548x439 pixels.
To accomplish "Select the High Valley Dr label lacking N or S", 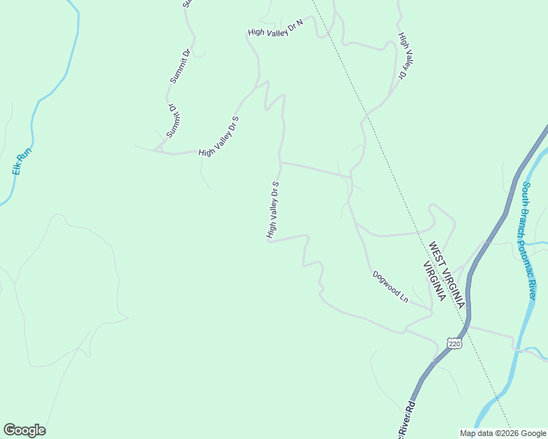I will pyautogui.click(x=405, y=56).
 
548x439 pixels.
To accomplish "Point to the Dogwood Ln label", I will pyautogui.click(x=390, y=287).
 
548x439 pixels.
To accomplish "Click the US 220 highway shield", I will pyautogui.click(x=453, y=343).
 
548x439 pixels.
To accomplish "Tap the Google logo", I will pyautogui.click(x=24, y=430).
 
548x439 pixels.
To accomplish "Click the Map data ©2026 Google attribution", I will pyautogui.click(x=503, y=433).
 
